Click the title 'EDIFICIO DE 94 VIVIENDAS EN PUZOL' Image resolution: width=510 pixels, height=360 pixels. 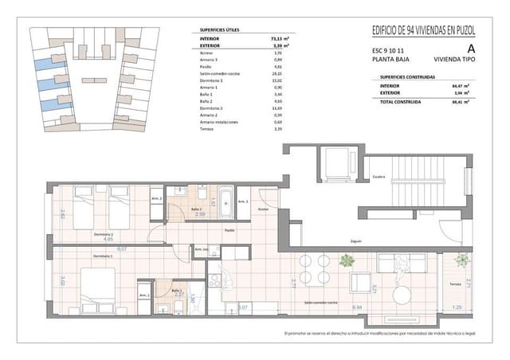pos(423,30)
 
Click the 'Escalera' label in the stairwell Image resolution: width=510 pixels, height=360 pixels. pos(379,178)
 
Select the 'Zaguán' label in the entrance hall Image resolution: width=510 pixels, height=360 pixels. pos(355,241)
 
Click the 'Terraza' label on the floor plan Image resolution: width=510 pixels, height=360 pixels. pos(455,284)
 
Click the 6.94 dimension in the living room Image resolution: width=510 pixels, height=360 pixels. pos(357,307)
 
